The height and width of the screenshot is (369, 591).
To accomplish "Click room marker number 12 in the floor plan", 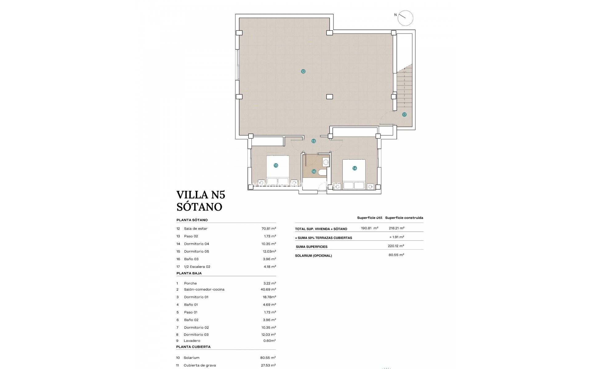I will tap(303, 71).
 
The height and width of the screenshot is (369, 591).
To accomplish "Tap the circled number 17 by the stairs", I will tap(404, 114).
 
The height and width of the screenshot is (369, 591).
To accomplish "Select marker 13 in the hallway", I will tap(313, 141).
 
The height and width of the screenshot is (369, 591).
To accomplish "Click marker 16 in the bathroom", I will tap(314, 172).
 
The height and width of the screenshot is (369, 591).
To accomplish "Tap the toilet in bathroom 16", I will tap(322, 173).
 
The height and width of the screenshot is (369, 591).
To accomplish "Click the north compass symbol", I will tap(405, 18).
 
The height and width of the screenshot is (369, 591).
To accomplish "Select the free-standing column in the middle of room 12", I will tap(329, 97).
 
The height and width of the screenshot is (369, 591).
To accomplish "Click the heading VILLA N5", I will tap(201, 195).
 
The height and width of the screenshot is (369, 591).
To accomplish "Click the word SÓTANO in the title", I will tap(199, 207).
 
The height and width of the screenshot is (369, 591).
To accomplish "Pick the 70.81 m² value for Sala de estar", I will tap(268, 228).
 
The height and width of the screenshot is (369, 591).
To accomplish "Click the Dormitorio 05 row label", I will tap(196, 252).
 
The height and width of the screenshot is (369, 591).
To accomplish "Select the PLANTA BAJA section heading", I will tap(189, 273).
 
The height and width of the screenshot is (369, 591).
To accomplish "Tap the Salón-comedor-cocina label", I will tap(204, 289).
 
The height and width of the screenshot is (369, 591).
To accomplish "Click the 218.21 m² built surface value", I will tap(396, 228).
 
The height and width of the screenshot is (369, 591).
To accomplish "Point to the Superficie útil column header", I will tap(369, 218).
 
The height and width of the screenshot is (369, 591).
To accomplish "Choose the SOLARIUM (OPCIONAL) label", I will tap(313, 256).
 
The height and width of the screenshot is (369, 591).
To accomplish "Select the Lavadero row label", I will tap(192, 341).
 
